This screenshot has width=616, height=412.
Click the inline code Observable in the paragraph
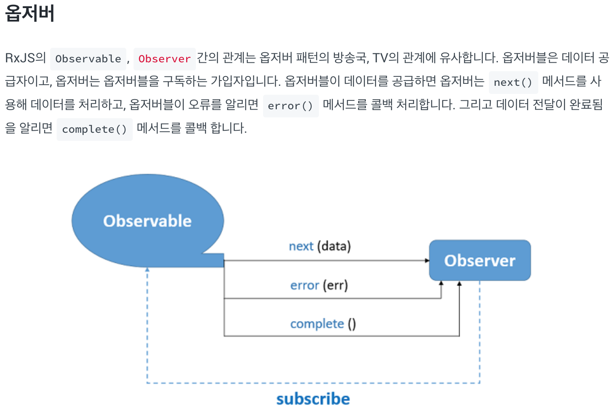click(88, 59)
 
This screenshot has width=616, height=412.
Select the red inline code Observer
click(164, 59)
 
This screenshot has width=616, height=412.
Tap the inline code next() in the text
click(513, 83)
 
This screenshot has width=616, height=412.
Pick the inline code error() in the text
click(290, 106)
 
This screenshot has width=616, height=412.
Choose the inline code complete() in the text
click(94, 130)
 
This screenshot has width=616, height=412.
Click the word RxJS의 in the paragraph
click(25, 58)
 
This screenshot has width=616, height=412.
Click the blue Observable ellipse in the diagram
click(147, 221)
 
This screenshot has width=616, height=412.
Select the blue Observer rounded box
click(480, 260)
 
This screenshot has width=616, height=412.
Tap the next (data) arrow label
click(320, 246)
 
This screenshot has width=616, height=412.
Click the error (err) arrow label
click(319, 285)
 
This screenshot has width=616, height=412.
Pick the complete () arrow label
click(323, 324)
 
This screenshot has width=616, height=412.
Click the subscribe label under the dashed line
click(313, 399)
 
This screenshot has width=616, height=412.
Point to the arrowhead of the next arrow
click(427, 261)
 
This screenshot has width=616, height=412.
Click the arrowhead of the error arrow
click(441, 283)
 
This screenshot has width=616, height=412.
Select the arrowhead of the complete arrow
click(459, 283)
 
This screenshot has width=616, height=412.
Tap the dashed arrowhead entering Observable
click(147, 269)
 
